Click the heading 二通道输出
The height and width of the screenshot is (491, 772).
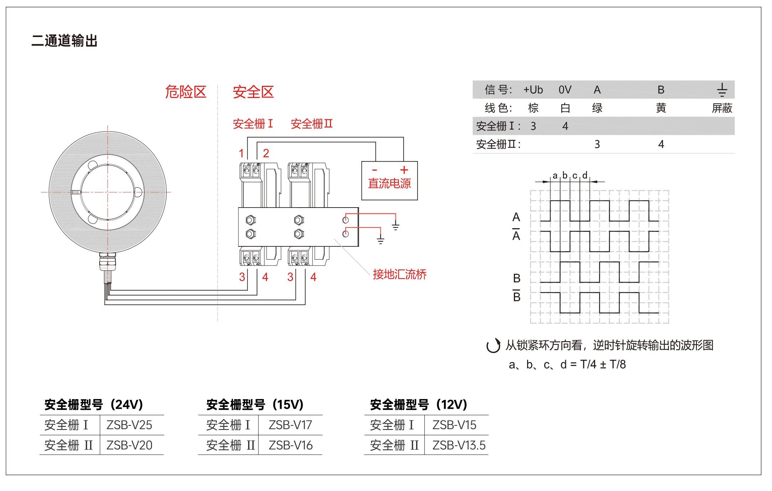pyautogui.click(x=64, y=41)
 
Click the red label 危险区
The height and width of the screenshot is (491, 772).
pyautogui.click(x=186, y=92)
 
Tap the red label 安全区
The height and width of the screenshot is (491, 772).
pyautogui.click(x=253, y=92)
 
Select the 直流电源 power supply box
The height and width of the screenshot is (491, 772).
pyautogui.click(x=389, y=181)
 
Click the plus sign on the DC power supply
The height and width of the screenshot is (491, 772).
pyautogui.click(x=404, y=169)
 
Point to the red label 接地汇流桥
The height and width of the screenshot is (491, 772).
pyautogui.click(x=400, y=274)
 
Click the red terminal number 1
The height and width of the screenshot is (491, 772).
pyautogui.click(x=241, y=153)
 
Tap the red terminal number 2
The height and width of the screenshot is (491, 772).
pyautogui.click(x=266, y=153)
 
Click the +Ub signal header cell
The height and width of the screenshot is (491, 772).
pyautogui.click(x=533, y=90)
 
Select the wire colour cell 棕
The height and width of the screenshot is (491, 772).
pyautogui.click(x=533, y=108)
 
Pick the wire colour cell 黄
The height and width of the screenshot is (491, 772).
pyautogui.click(x=661, y=108)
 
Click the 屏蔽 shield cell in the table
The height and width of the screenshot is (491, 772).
pyautogui.click(x=722, y=108)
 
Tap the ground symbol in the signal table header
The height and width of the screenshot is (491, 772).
pyautogui.click(x=722, y=90)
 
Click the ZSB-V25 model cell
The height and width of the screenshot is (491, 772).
pyautogui.click(x=129, y=425)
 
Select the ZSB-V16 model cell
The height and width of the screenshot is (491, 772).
pyautogui.click(x=290, y=445)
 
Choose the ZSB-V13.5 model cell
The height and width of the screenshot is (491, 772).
pyautogui.click(x=459, y=445)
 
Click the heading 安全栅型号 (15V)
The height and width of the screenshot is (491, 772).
pyautogui.click(x=255, y=404)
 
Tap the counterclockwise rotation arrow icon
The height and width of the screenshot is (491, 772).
pyautogui.click(x=493, y=345)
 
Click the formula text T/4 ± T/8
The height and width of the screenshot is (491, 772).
pyautogui.click(x=603, y=364)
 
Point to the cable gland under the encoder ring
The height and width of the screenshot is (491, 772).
pyautogui.click(x=107, y=262)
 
